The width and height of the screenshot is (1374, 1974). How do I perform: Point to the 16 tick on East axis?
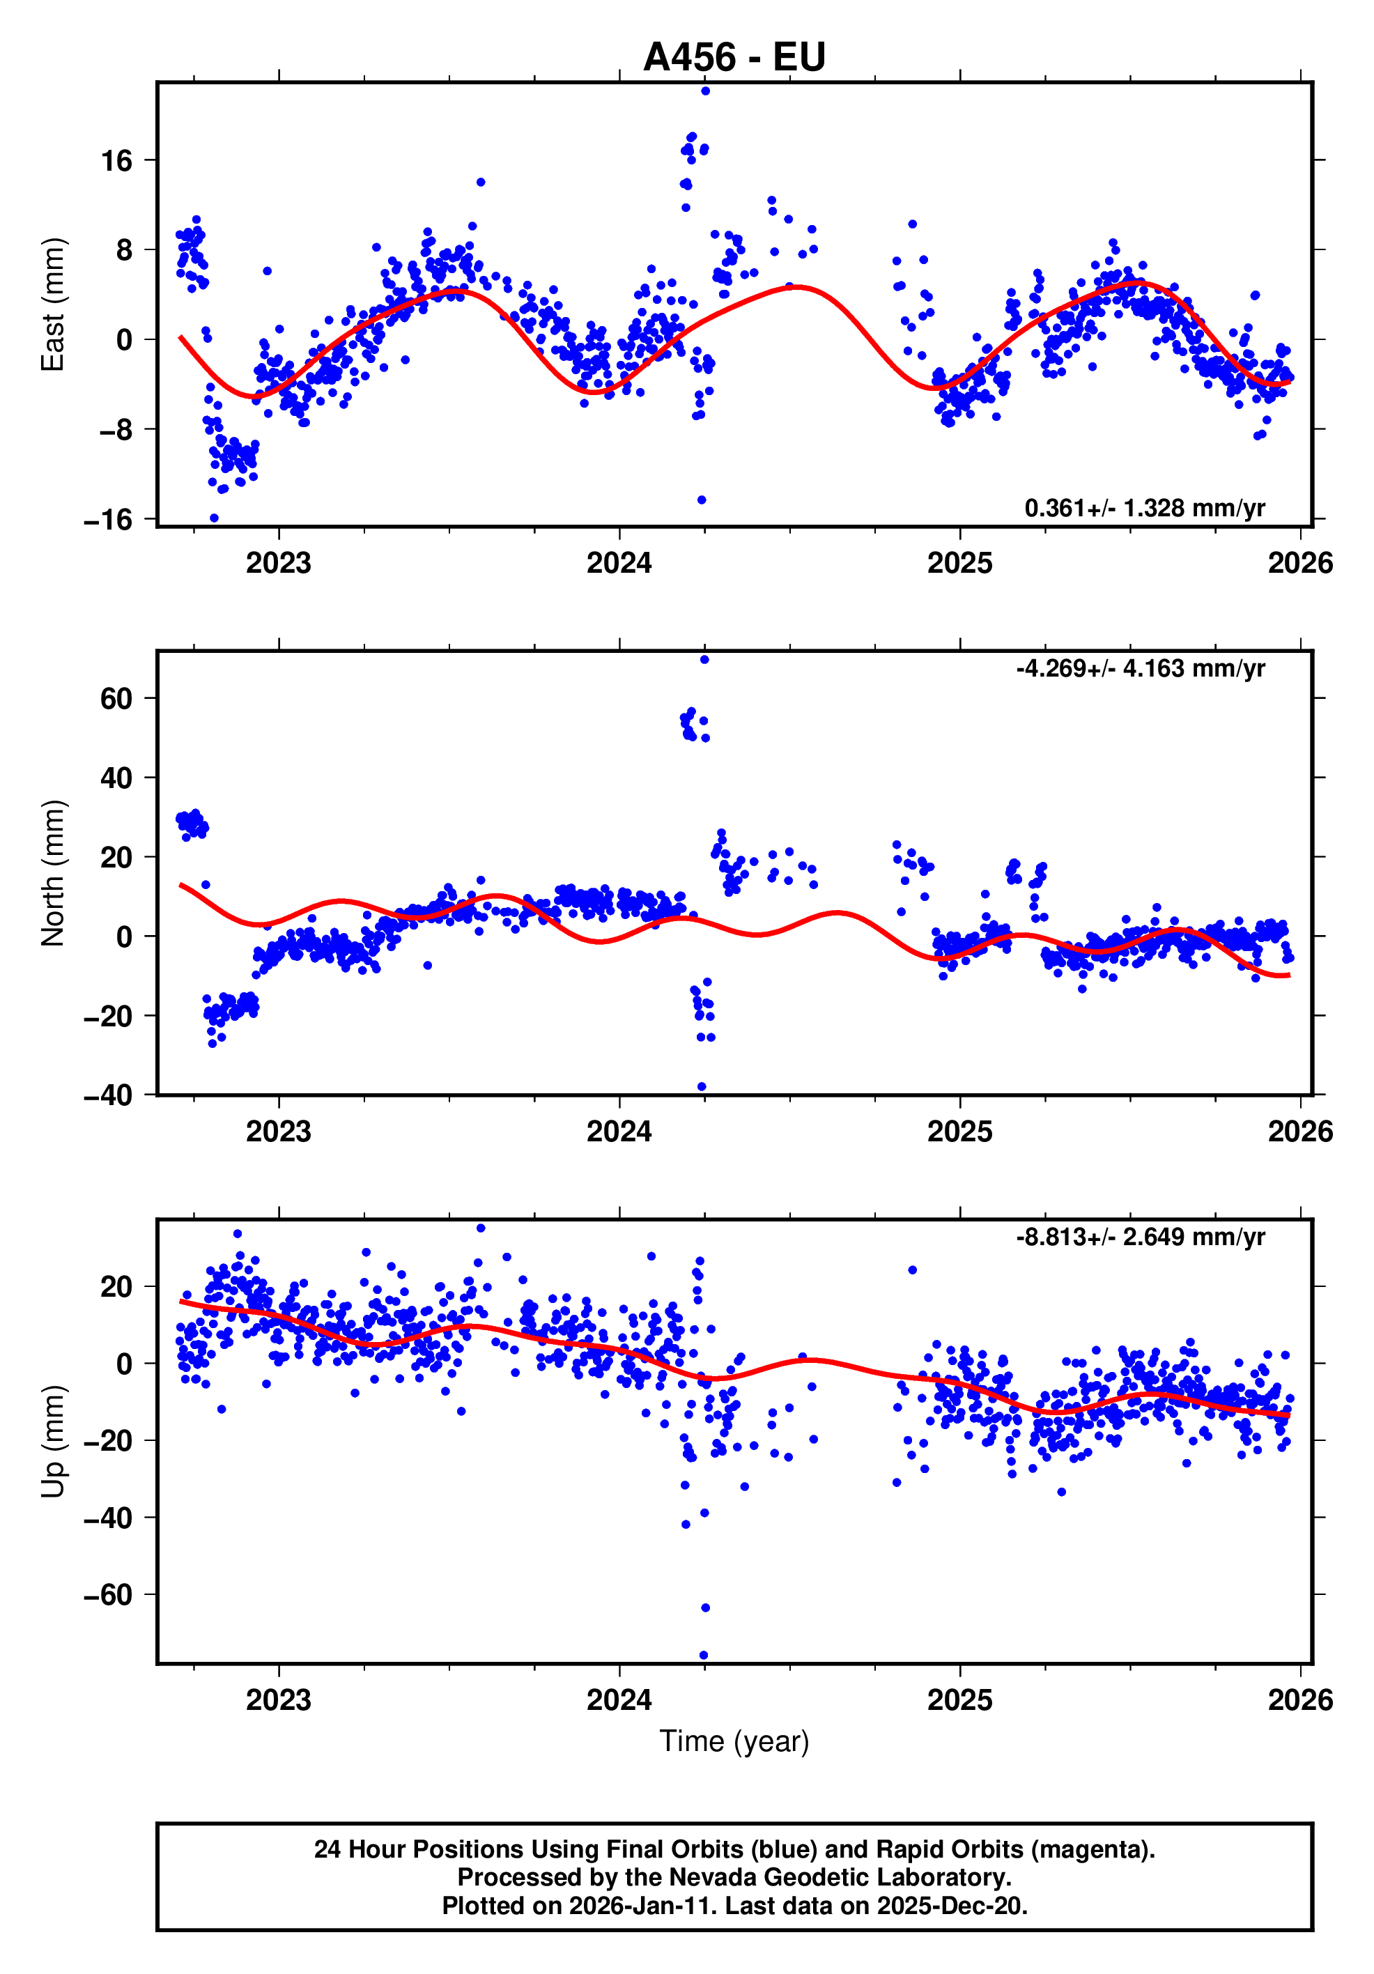click(117, 161)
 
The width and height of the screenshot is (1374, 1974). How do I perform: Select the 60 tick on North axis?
click(117, 699)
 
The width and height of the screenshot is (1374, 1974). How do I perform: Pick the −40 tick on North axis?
click(108, 1095)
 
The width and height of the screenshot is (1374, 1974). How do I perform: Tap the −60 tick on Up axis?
click(108, 1595)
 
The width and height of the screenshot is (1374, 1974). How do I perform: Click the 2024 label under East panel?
click(619, 563)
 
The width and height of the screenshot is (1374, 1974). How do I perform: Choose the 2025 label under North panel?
click(959, 1132)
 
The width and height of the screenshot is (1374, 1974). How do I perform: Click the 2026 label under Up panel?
click(1300, 1699)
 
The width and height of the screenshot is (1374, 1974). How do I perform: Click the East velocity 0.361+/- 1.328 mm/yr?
click(1145, 508)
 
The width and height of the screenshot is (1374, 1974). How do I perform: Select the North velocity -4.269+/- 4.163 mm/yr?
click(1140, 668)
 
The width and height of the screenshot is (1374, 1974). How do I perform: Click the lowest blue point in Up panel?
click(703, 1655)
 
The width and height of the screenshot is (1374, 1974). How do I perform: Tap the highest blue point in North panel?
click(704, 659)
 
